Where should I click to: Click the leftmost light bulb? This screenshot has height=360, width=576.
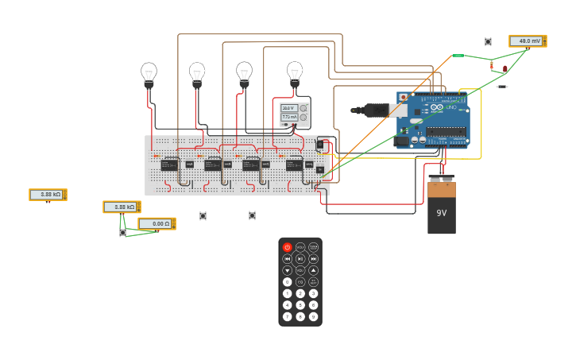(x=149, y=73)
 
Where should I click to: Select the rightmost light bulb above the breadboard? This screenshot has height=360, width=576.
(x=295, y=72)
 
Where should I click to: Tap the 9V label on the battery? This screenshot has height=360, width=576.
(x=442, y=213)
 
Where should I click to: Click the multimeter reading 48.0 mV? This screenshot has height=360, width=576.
(x=527, y=41)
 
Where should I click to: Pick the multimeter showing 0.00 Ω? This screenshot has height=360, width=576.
(x=157, y=224)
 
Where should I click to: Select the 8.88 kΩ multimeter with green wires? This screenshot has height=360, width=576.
(x=122, y=207)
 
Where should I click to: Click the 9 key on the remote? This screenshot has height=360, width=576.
(x=313, y=316)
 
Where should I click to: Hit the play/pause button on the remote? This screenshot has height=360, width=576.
(x=300, y=258)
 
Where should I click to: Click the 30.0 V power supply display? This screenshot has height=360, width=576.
(x=289, y=108)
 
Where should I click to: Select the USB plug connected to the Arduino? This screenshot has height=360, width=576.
(x=370, y=110)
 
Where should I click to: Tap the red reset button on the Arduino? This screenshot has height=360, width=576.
(x=403, y=97)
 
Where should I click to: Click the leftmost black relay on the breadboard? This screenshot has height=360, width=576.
(x=169, y=165)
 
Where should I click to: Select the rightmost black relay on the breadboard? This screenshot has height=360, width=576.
(x=294, y=165)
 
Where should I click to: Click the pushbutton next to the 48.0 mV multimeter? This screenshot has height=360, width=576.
(x=488, y=41)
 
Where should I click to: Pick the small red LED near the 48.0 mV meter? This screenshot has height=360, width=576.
(x=504, y=69)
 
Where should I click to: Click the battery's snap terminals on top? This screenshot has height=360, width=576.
(x=442, y=179)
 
